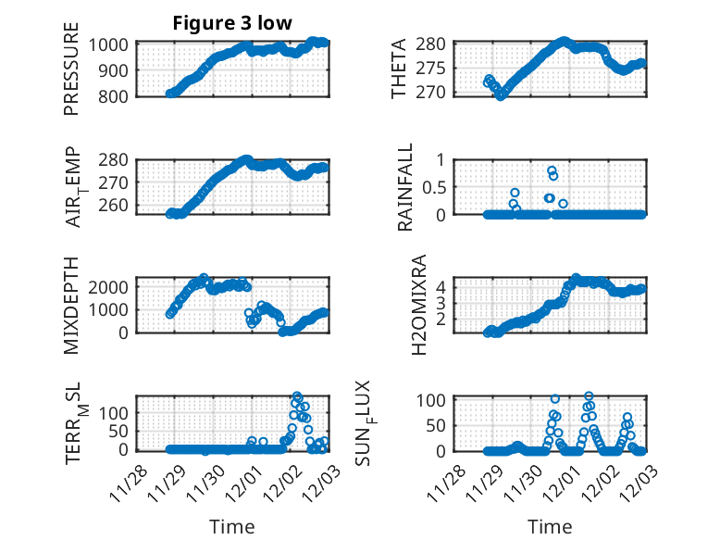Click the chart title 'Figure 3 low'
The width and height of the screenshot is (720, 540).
tap(232, 24)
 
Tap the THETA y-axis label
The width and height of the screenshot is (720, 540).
tap(399, 69)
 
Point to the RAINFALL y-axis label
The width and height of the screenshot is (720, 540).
tap(404, 187)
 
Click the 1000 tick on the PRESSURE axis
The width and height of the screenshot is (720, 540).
tap(113, 44)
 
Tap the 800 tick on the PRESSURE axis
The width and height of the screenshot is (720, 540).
tap(118, 94)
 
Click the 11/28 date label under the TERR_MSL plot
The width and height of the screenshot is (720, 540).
tap(125, 484)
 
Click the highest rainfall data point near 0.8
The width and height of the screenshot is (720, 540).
tap(552, 171)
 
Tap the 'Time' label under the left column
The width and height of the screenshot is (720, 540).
tap(232, 526)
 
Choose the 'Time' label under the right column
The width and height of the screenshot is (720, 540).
tap(550, 526)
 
